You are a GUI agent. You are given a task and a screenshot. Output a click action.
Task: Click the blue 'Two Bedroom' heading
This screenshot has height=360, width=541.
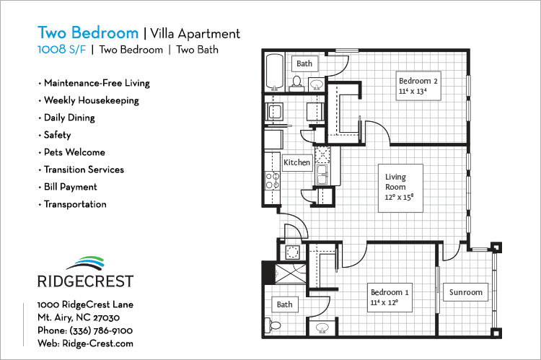(87, 33)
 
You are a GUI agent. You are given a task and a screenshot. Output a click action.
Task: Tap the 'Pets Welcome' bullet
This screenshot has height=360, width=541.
(74, 152)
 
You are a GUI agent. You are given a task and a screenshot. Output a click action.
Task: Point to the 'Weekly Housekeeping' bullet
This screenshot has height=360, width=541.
(91, 100)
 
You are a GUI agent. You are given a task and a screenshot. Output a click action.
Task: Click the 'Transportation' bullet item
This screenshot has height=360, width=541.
(74, 204)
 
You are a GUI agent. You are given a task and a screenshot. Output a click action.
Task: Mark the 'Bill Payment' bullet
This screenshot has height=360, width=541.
(70, 187)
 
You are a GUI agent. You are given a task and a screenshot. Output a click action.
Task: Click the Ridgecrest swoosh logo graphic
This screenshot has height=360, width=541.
(85, 261)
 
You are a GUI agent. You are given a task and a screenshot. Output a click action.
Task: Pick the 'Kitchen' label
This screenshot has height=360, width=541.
(296, 162)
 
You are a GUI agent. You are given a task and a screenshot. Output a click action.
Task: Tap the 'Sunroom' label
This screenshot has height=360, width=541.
(465, 292)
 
